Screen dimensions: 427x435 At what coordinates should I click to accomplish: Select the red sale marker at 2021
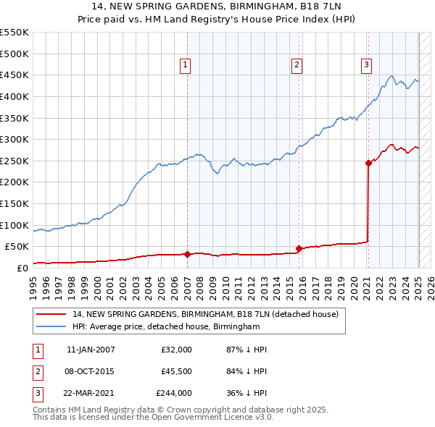pyautogui.click(x=368, y=164)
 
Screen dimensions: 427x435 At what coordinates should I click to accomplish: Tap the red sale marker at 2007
pyautogui.click(x=188, y=254)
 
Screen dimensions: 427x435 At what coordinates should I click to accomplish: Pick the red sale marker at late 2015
pyautogui.click(x=299, y=248)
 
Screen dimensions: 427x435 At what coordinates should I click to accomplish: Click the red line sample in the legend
pyautogui.click(x=51, y=315)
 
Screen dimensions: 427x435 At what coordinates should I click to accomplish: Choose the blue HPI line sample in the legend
pyautogui.click(x=51, y=327)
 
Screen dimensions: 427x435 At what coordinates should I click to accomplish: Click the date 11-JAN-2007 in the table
pyautogui.click(x=90, y=350)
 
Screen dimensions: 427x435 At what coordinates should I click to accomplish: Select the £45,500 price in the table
pyautogui.click(x=176, y=371)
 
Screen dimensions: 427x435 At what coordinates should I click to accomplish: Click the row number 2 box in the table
pyautogui.click(x=36, y=371)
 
